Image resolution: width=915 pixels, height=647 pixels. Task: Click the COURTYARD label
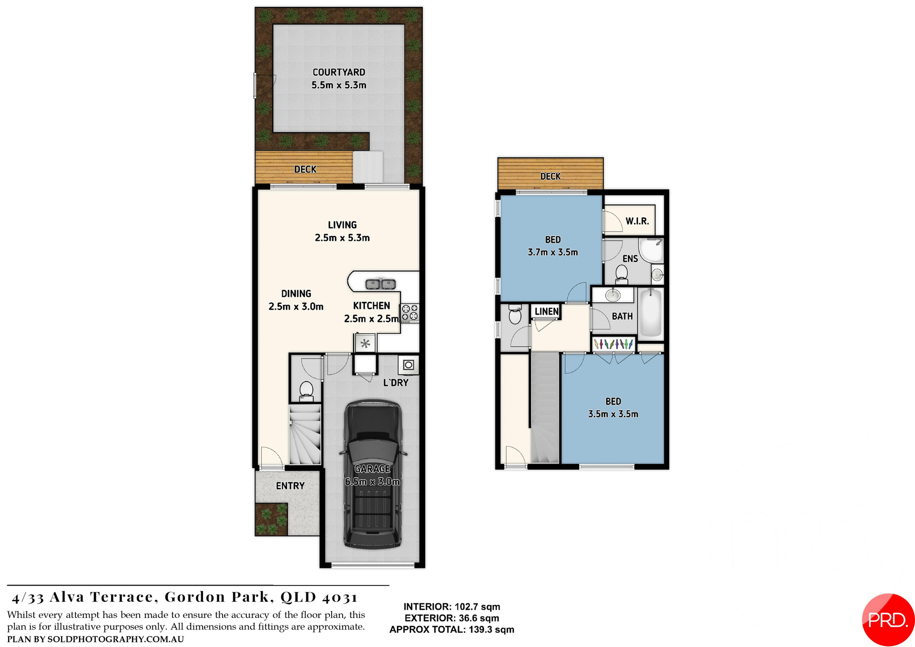coord(338,72)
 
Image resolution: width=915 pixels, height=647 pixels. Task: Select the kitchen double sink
coord(380,284)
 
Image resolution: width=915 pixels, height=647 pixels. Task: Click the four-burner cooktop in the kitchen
coord(409,312)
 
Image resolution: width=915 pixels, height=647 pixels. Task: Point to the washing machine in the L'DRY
coord(408,365)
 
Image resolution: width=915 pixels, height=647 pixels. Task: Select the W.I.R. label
coord(637,221)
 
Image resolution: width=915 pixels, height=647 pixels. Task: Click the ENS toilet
coord(621,274)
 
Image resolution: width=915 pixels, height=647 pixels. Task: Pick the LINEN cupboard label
coord(546,311)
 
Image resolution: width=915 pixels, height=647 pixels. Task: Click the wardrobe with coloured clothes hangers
coord(613,344)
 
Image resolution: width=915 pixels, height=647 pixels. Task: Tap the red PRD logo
coord(887,620)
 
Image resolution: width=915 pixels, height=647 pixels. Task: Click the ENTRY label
coord(290,486)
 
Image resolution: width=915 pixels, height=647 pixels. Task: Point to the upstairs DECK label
coord(550,176)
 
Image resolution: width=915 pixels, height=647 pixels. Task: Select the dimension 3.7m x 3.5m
coord(552,252)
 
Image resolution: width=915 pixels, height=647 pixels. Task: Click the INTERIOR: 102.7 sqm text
coord(451,606)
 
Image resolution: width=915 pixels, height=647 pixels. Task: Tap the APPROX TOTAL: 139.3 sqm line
coord(451,629)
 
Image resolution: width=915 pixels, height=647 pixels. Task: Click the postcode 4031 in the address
coord(339,597)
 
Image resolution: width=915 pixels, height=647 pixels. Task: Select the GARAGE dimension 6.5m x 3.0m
coord(372,482)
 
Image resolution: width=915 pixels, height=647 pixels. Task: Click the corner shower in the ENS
coord(651,250)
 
